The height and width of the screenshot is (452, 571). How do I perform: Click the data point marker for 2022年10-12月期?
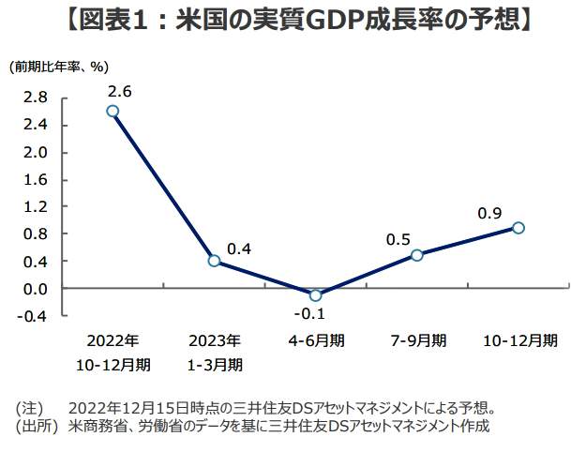pyautogui.click(x=113, y=111)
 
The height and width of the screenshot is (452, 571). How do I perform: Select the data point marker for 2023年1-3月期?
pyautogui.click(x=214, y=261)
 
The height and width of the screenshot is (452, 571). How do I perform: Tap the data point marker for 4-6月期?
pyautogui.click(x=315, y=295)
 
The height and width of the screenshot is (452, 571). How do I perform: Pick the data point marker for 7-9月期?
pyautogui.click(x=416, y=254)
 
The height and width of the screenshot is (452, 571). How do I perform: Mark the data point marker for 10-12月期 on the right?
pyautogui.click(x=518, y=227)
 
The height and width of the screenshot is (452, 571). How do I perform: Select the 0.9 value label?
pyautogui.click(x=489, y=214)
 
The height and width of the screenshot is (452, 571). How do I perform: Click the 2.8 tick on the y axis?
pyautogui.click(x=35, y=98)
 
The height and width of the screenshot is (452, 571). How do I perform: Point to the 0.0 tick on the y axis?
pyautogui.click(x=35, y=289)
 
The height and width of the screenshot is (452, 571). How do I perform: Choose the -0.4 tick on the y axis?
pyautogui.click(x=33, y=316)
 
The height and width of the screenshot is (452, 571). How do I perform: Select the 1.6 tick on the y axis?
pyautogui.click(x=35, y=179)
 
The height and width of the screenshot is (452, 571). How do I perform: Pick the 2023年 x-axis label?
pyautogui.click(x=215, y=339)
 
